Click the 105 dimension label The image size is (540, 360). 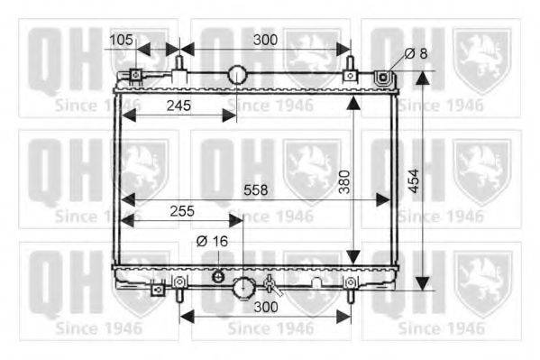[121, 40]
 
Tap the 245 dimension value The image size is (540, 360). [178, 106]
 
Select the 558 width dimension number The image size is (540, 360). [255, 190]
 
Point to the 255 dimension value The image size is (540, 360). [182, 211]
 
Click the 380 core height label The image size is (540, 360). [344, 181]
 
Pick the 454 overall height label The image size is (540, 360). [413, 180]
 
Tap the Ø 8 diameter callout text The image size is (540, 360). [416, 53]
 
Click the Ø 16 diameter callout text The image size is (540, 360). [212, 242]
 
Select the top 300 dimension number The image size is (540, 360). [265, 40]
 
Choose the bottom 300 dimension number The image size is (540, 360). [266, 307]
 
